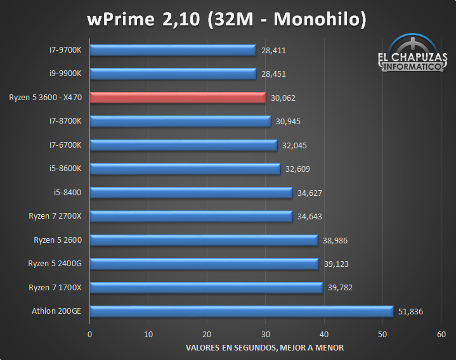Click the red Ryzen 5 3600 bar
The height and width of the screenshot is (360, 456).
(x=178, y=98)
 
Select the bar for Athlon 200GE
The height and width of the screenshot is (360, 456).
(x=241, y=311)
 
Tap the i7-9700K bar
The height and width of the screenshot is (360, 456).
(x=173, y=50)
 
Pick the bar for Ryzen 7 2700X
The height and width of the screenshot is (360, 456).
(x=191, y=216)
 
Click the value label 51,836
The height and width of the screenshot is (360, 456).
(x=410, y=311)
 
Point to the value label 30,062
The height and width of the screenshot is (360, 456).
(x=283, y=98)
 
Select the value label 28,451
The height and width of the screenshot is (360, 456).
(x=273, y=74)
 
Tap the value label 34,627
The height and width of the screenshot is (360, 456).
(x=309, y=193)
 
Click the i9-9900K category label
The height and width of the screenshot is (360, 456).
(x=69, y=74)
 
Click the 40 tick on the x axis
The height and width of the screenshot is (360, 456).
(x=324, y=334)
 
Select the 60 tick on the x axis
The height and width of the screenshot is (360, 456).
(x=441, y=334)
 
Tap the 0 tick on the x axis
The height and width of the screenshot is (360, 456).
(x=90, y=334)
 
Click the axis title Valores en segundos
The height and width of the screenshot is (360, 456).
(x=265, y=347)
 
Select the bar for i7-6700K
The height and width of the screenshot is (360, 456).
(x=183, y=145)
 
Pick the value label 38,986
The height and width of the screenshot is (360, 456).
(x=334, y=240)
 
